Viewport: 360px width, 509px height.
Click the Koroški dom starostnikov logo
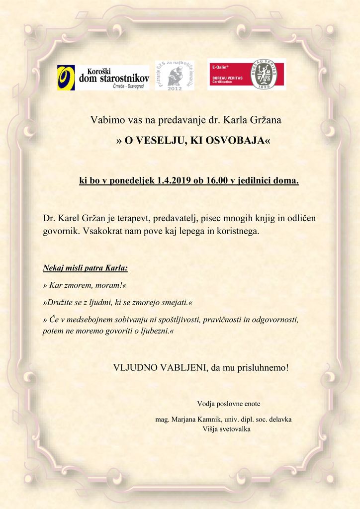[103, 78]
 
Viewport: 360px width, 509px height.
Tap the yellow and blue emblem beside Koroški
[66, 78]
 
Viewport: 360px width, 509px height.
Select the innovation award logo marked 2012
[175, 76]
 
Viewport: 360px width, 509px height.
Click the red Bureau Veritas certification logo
[246, 75]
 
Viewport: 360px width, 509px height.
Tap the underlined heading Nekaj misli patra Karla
[85, 269]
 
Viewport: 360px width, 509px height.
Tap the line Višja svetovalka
[227, 428]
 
